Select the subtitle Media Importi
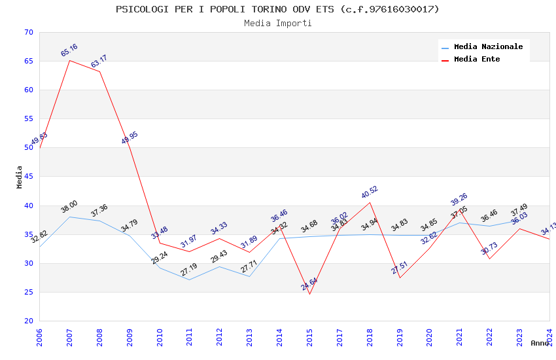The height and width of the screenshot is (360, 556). tap(277, 24)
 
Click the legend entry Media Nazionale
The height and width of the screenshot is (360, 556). tap(488, 46)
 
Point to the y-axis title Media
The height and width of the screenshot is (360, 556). tap(20, 177)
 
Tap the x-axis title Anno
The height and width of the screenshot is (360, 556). tap(540, 343)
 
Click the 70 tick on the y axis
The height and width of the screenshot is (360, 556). tap(27, 33)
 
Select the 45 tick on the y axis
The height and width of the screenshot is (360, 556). tap(27, 177)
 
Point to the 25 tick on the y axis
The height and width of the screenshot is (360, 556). tap(27, 292)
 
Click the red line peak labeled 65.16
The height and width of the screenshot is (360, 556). tap(69, 60)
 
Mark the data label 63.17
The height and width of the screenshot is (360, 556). tap(99, 62)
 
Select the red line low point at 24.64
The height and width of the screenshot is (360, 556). tap(309, 294)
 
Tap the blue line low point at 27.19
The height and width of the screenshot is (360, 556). tap(190, 279)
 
